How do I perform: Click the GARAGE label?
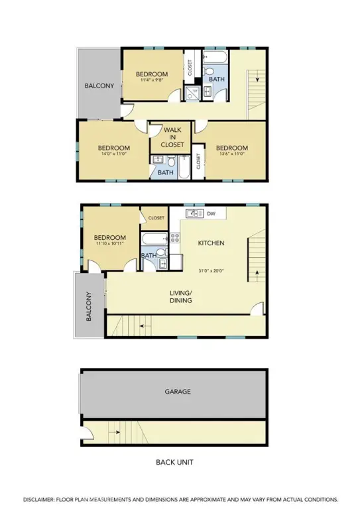(178, 392)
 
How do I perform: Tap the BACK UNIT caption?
(174, 462)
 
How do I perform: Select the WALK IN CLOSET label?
(172, 137)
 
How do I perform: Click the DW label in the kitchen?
(211, 213)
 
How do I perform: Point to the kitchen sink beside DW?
(194, 213)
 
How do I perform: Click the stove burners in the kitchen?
(175, 238)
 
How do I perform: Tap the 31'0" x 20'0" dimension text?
(211, 270)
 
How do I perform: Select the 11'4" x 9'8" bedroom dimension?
(152, 80)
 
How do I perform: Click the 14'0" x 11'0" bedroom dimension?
(113, 154)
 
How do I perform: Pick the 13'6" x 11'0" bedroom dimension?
(232, 154)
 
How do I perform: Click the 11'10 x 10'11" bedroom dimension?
(109, 243)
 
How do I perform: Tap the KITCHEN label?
(211, 243)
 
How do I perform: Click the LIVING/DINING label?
(181, 297)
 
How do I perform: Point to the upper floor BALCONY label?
(99, 85)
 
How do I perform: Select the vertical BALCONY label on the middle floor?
(89, 306)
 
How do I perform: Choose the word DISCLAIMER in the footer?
(38, 499)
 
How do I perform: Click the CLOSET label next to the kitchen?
(156, 218)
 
